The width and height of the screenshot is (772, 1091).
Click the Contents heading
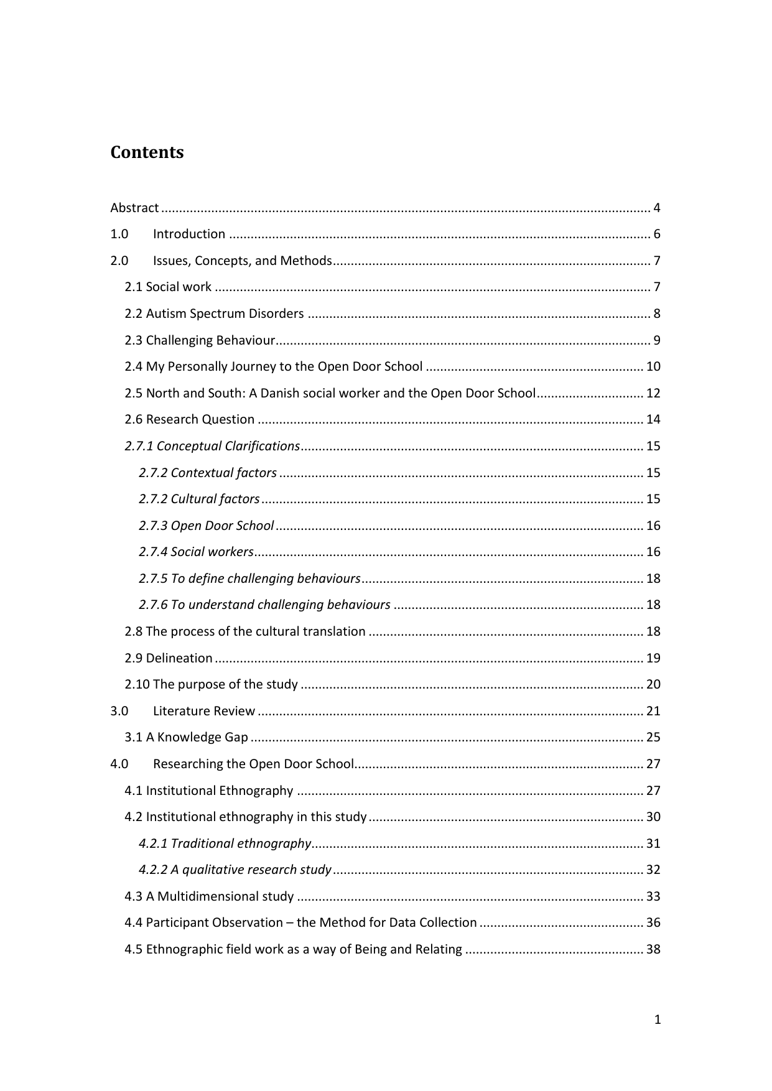147,152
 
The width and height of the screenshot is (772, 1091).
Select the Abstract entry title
134,208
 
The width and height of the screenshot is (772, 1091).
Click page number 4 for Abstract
656,208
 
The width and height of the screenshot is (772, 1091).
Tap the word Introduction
189,234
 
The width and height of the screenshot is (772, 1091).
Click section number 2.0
119,261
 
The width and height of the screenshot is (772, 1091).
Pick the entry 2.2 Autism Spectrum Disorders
214,313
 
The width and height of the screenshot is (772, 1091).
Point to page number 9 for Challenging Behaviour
656,340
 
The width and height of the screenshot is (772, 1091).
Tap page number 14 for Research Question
653,419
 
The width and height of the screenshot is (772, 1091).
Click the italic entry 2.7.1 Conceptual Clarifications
212,446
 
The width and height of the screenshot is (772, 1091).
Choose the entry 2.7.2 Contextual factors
208,473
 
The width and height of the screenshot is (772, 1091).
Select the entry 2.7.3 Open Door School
206,526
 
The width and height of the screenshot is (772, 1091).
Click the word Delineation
179,658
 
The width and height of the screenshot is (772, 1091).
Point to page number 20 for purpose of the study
653,684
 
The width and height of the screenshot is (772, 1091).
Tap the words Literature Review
204,711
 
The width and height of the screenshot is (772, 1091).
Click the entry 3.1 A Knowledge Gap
186,737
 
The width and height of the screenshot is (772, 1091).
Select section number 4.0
119,764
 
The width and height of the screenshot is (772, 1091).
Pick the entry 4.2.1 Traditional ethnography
225,843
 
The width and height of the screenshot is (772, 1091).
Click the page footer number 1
658,1019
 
